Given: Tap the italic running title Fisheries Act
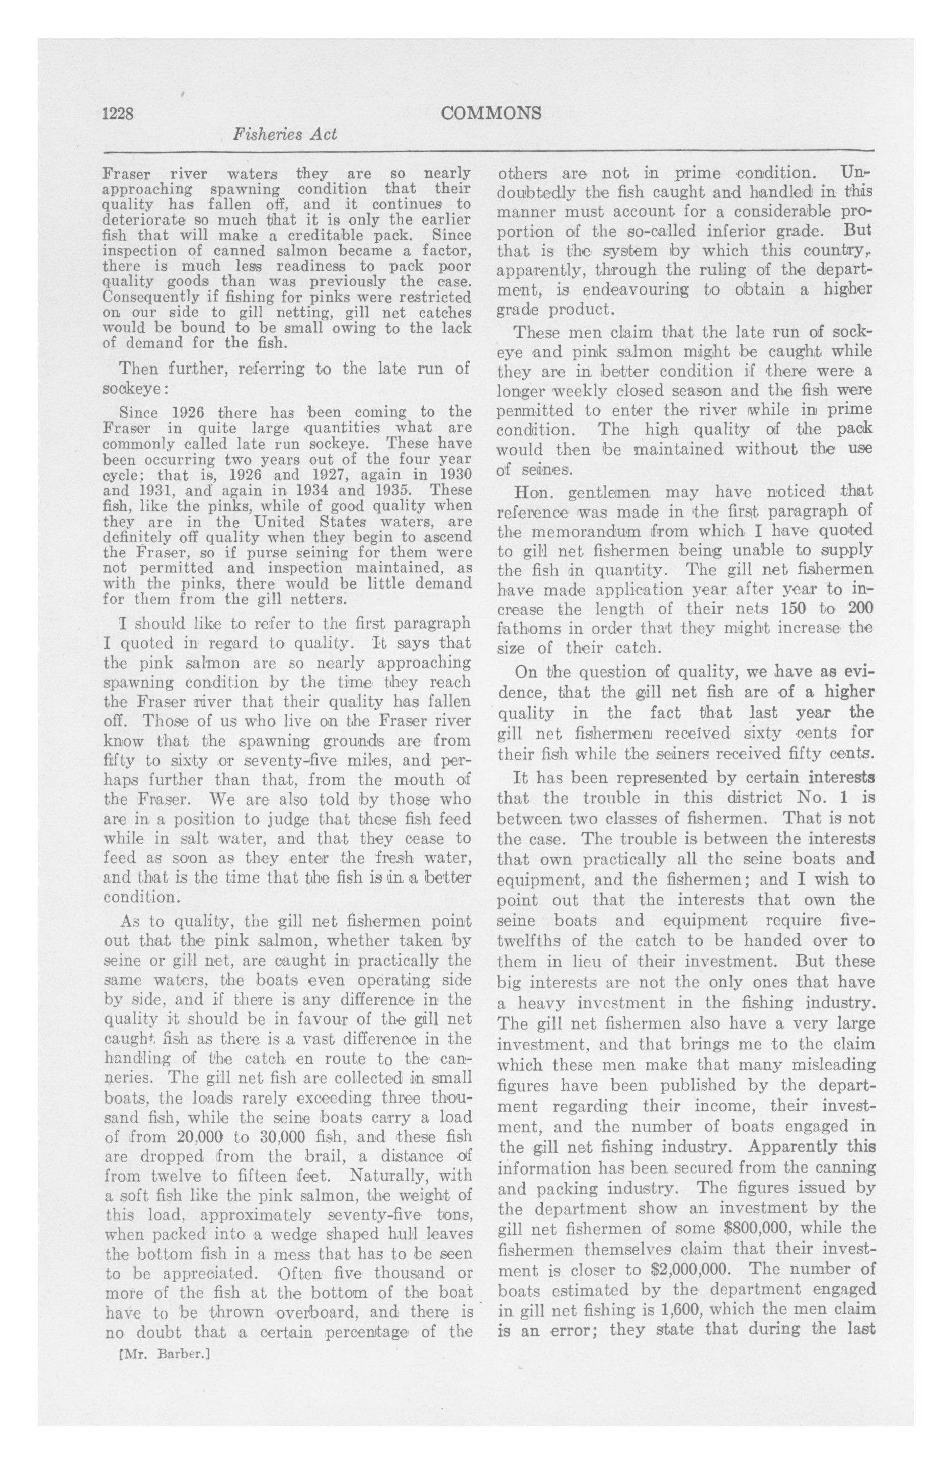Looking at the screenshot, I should click(x=285, y=135).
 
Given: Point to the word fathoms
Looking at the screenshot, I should click(x=526, y=629).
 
